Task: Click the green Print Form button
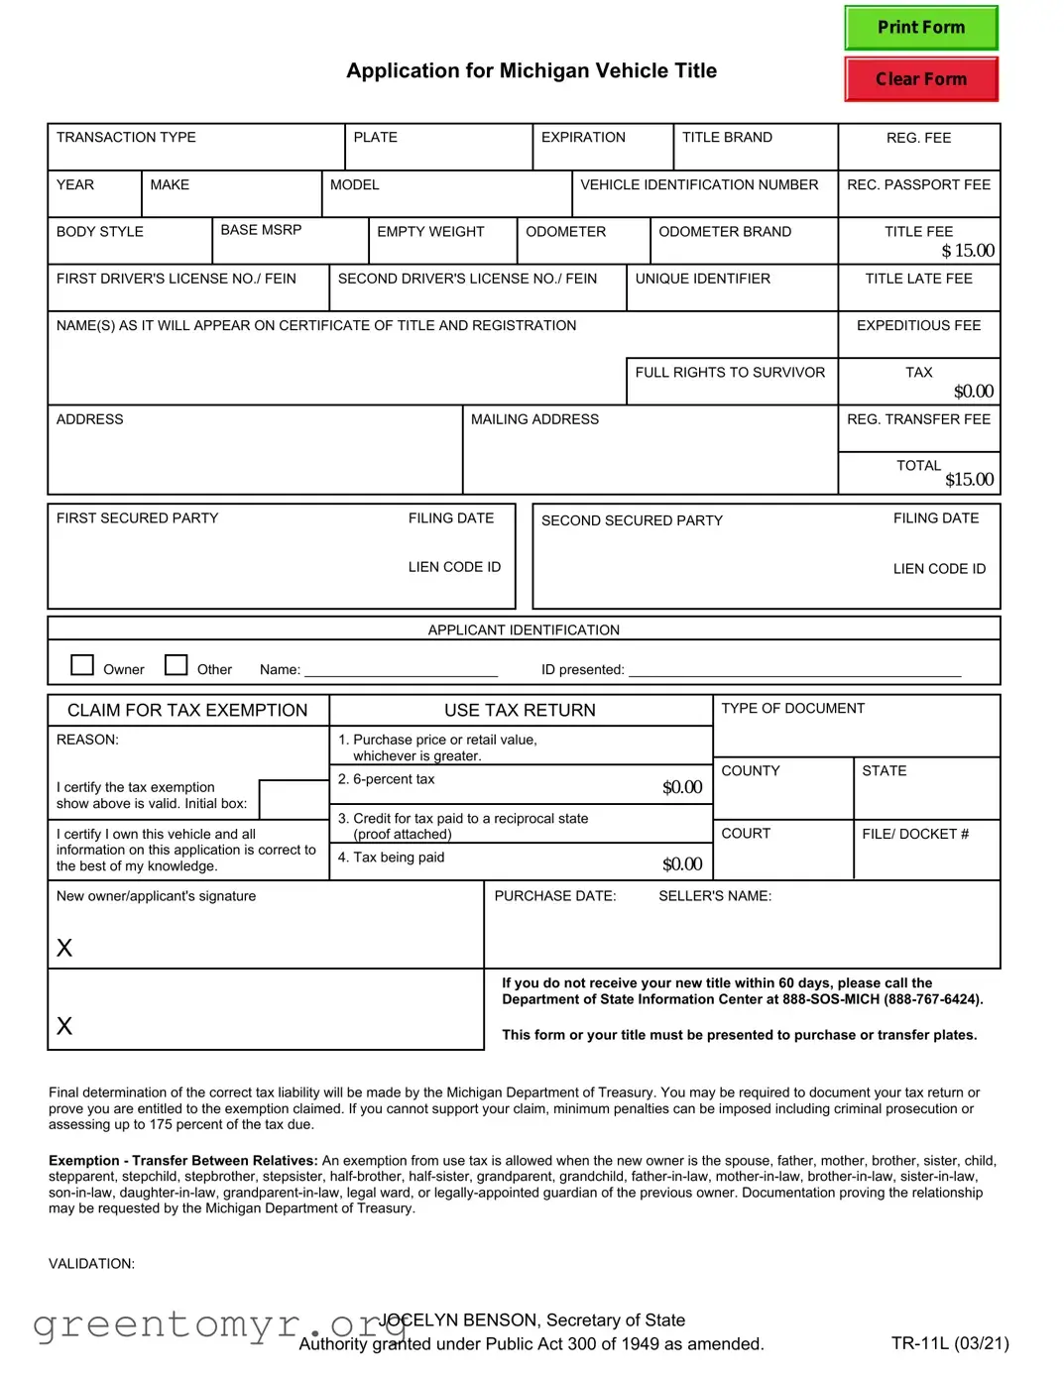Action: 920,28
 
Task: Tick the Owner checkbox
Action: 82,664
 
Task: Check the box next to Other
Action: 176,664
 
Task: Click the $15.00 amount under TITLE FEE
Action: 967,251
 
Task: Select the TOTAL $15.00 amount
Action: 968,480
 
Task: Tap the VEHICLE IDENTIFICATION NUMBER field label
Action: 699,185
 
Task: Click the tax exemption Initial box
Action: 294,799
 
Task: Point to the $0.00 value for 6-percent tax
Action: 682,787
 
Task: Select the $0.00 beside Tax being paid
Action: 682,864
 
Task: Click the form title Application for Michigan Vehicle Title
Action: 532,71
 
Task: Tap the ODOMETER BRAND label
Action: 725,232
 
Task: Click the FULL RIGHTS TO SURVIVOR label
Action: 730,373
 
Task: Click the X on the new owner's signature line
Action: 64,948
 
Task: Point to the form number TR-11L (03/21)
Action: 949,1343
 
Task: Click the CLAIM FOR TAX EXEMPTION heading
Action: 187,711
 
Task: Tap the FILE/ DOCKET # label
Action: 914,834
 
